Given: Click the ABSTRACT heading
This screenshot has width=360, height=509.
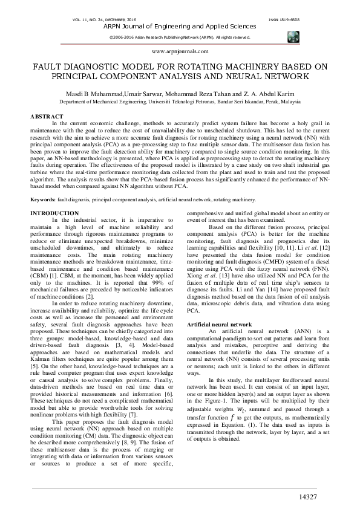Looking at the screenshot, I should point(47,115).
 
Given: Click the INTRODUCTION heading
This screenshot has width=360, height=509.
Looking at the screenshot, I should point(54,213).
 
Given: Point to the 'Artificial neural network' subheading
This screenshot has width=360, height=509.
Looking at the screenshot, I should point(220,325).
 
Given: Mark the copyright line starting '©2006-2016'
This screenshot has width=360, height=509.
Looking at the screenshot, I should point(180,37).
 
